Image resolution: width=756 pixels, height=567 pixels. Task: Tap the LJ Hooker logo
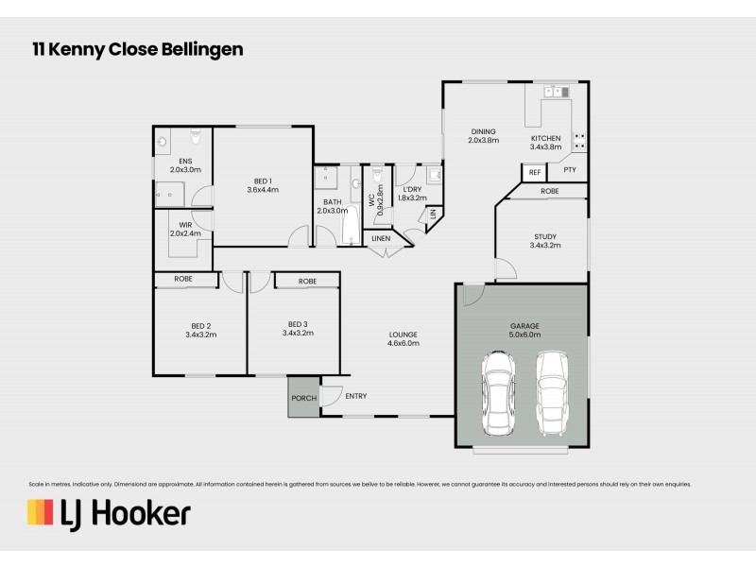point(109,513)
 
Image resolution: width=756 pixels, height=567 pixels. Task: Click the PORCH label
point(303,398)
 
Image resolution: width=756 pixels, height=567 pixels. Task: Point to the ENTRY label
point(356,396)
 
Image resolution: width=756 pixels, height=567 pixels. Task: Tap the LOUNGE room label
point(404,334)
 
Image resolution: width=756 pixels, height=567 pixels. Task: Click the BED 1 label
point(264,180)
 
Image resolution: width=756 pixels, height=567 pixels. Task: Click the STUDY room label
point(546,235)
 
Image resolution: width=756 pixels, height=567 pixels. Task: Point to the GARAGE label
point(524,324)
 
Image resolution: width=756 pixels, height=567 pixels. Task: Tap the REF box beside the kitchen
point(534,172)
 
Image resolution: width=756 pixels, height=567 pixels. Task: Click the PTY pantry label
point(570,170)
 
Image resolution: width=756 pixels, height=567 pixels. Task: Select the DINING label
point(483,133)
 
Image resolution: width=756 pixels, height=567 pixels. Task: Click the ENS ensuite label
point(185,162)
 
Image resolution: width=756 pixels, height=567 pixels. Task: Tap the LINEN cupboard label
point(381,238)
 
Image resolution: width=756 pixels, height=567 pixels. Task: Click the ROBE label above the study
point(550,192)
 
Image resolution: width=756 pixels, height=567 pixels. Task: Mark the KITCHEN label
point(546,139)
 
